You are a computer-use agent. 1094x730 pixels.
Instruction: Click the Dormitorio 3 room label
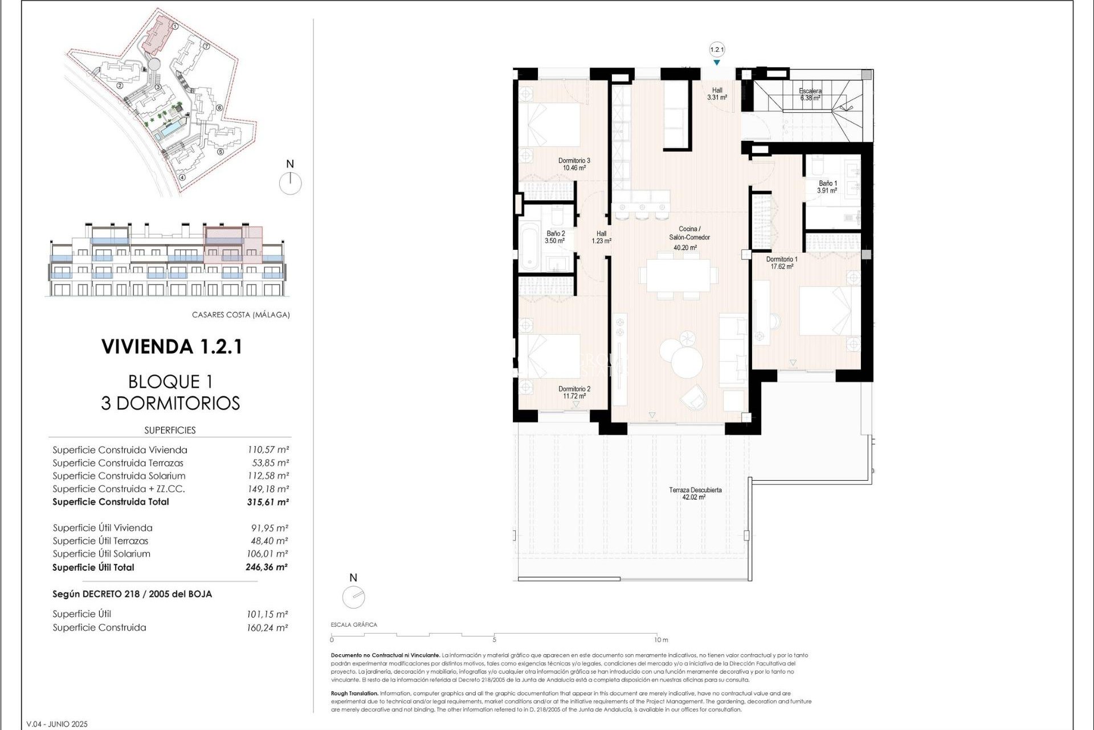pyautogui.click(x=574, y=164)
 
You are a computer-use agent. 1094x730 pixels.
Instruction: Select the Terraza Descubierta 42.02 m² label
pyautogui.click(x=695, y=493)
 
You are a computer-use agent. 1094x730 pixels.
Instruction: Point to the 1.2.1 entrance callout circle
pyautogui.click(x=717, y=50)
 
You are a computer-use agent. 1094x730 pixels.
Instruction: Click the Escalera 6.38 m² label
pyautogui.click(x=810, y=94)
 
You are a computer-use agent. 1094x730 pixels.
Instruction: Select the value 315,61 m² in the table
pyautogui.click(x=268, y=502)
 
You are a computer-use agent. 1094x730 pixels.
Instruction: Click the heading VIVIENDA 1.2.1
pyautogui.click(x=172, y=347)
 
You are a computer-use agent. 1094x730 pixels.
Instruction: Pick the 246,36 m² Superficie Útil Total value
pyautogui.click(x=267, y=567)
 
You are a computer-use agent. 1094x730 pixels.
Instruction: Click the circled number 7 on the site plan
pyautogui.click(x=207, y=47)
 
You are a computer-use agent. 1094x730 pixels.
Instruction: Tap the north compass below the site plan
pyautogui.click(x=290, y=183)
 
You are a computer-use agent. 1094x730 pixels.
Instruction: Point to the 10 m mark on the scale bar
pyautogui.click(x=661, y=640)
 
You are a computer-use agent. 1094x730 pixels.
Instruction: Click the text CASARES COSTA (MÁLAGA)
pyautogui.click(x=240, y=315)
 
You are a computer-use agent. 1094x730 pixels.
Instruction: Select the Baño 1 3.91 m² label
pyautogui.click(x=827, y=187)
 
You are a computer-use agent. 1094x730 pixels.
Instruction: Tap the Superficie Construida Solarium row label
pyautogui.click(x=119, y=476)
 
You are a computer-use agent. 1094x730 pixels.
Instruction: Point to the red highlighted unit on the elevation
pyautogui.click(x=232, y=245)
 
